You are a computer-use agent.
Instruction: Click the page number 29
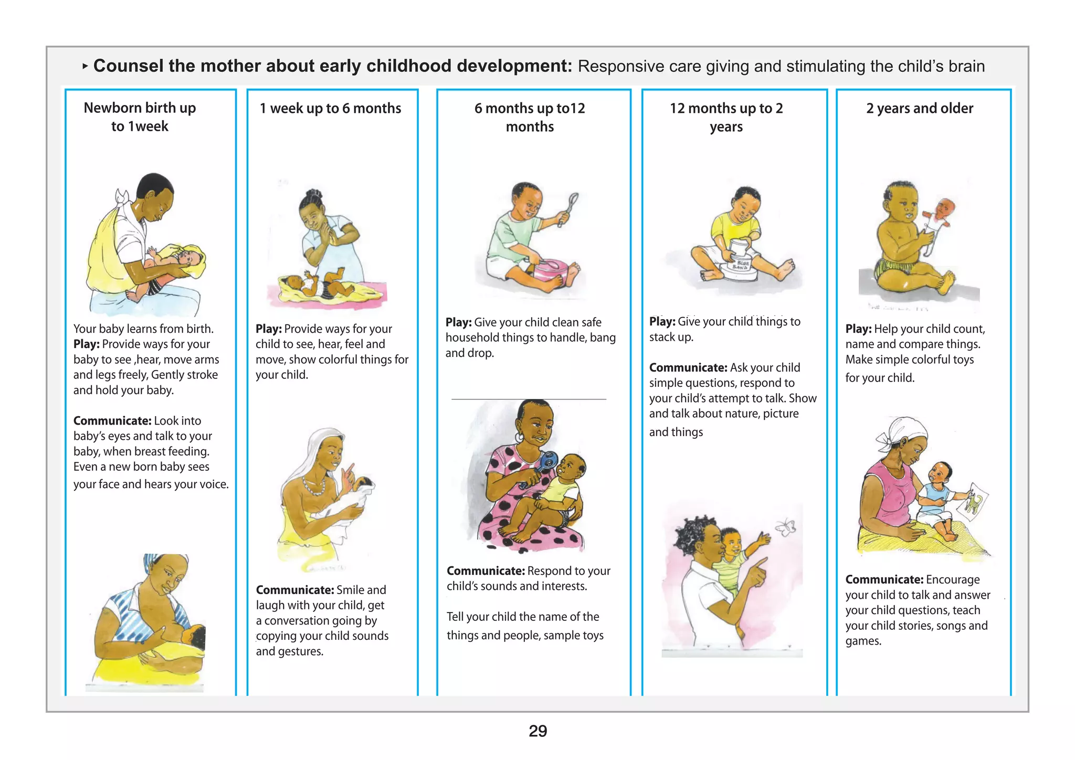pos(537,731)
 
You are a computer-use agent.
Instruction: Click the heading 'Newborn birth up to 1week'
pos(140,117)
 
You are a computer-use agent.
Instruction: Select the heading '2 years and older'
pos(920,108)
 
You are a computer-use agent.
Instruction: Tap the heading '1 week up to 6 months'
pos(330,108)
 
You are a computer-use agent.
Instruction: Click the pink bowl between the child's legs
pos(552,273)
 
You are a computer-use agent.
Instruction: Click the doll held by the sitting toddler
pos(937,223)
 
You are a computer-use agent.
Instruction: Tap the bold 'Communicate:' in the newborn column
pos(112,420)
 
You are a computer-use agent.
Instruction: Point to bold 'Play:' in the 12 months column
pos(662,322)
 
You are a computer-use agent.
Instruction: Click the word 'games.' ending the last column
pos(863,641)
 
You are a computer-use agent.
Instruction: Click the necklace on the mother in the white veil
pos(314,487)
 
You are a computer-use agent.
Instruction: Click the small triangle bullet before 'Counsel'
pos(85,67)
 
